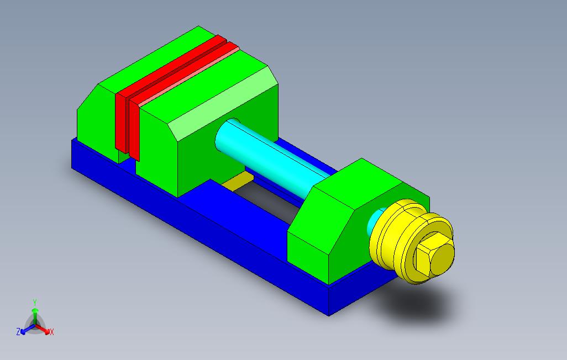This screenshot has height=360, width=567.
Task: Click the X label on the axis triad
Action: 52,332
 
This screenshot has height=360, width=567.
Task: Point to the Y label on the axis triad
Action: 35,302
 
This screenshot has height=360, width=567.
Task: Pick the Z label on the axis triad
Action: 18,331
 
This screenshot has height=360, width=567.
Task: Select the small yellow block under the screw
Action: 238,181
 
